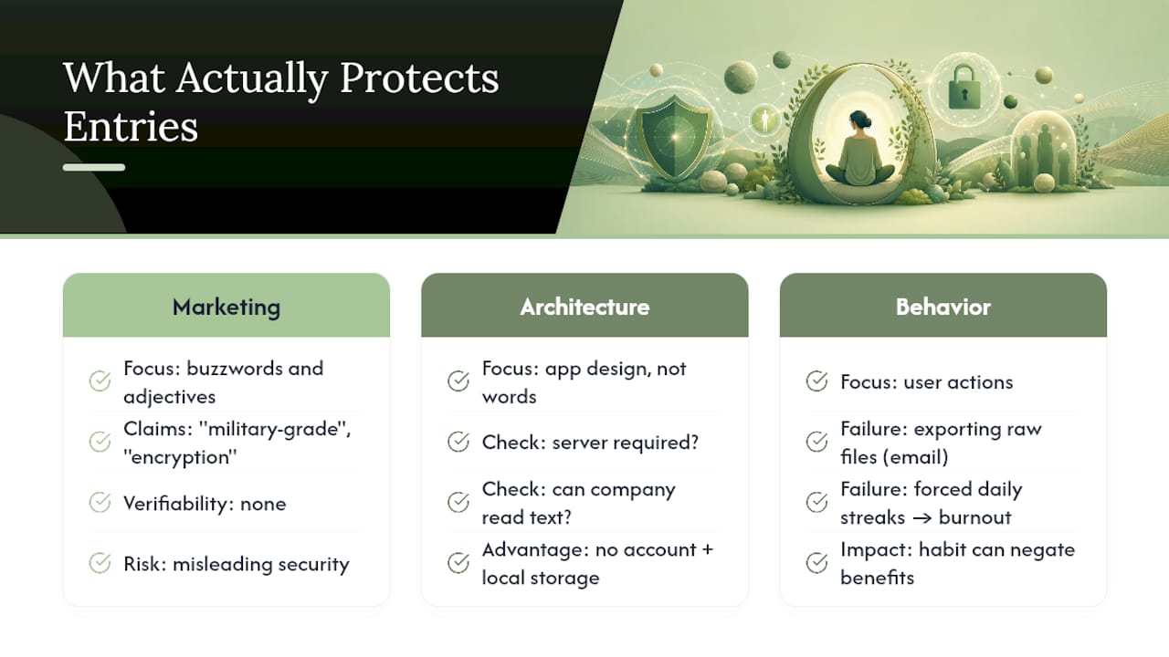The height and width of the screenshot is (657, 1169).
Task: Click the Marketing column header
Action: (226, 306)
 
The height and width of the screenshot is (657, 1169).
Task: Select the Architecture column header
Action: (584, 306)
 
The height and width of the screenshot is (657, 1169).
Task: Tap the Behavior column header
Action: (943, 306)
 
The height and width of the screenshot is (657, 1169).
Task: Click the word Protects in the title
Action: (419, 78)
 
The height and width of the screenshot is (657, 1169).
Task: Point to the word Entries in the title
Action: (131, 126)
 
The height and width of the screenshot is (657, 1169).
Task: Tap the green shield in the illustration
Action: (675, 138)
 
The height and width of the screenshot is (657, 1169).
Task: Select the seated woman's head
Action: (859, 122)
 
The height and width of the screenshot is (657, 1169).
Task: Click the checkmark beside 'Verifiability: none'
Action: (100, 503)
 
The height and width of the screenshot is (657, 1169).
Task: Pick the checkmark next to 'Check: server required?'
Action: (458, 443)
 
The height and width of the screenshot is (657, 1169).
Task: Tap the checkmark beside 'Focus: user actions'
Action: (816, 381)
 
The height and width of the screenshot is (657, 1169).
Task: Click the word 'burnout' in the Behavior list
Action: (974, 517)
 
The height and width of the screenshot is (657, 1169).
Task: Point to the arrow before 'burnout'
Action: (922, 518)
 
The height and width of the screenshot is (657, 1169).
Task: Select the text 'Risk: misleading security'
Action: (237, 564)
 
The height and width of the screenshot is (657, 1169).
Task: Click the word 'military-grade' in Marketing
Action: (275, 430)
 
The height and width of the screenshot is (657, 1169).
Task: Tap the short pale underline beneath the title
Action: (94, 167)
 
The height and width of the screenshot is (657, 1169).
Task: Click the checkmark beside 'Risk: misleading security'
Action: (100, 563)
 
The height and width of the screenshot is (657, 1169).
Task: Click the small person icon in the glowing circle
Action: (765, 120)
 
